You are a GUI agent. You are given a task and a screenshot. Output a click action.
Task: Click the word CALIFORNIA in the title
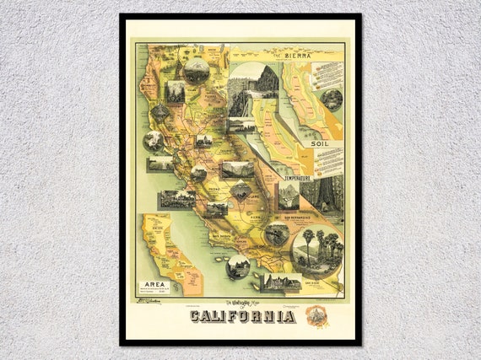tap(242, 316)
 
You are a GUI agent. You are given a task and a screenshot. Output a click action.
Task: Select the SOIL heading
tap(320, 143)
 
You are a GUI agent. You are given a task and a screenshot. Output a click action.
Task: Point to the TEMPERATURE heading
tap(296, 179)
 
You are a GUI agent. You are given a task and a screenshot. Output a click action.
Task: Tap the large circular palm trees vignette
tap(317, 250)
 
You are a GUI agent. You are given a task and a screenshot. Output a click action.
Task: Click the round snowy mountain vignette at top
tap(197, 69)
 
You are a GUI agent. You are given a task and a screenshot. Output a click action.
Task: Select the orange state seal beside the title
tap(316, 316)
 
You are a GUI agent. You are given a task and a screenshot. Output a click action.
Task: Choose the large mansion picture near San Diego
tap(279, 282)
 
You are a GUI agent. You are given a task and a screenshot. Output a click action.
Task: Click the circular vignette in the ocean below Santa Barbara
tap(237, 267)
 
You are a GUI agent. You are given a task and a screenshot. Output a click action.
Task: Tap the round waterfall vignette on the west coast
tap(154, 141)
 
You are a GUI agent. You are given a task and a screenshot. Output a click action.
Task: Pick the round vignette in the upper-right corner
tap(332, 100)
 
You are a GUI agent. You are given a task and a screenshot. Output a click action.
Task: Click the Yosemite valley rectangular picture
tap(237, 169)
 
